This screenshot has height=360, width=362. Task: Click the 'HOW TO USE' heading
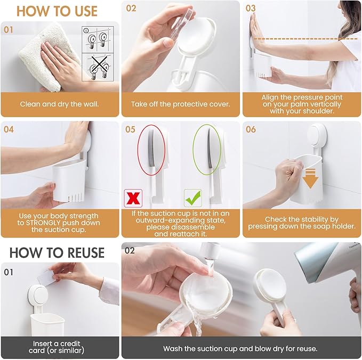57,11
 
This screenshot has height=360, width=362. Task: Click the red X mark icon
132,198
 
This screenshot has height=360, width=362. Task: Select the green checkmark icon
192,198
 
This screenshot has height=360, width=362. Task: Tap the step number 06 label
251,129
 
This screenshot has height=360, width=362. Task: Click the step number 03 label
251,9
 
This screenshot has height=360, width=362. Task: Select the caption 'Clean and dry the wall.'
60,104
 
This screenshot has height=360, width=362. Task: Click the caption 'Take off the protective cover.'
180,104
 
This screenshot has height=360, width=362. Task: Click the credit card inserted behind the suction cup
47,277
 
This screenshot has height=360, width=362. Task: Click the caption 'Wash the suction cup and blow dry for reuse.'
240,349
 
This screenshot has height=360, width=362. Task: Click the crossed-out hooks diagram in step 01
98,68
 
